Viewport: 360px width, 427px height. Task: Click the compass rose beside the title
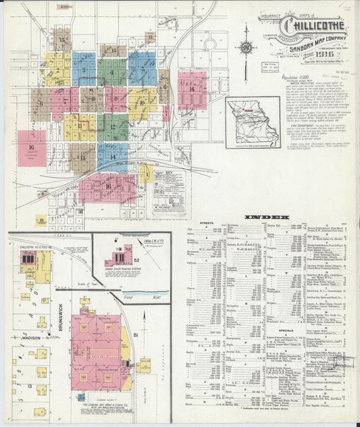click(247, 47)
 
